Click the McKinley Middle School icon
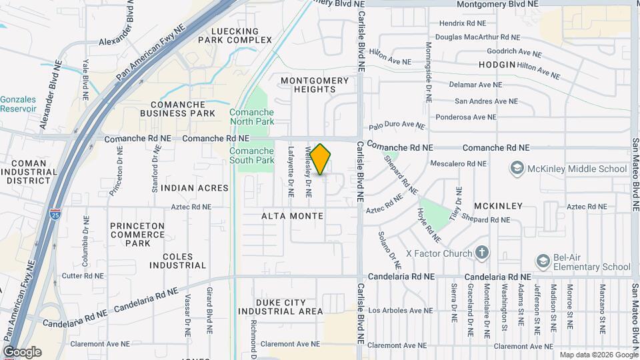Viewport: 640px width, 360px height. pos(516,169)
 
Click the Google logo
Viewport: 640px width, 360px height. pos(22,352)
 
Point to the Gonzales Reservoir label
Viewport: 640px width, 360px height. pos(18,103)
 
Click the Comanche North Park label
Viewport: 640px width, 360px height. pos(252,117)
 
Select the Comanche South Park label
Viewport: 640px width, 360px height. pos(252,155)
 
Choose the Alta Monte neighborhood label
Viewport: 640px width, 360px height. pos(293,216)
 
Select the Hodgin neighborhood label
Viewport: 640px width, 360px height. pos(497,65)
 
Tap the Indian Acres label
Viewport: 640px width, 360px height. pos(195,188)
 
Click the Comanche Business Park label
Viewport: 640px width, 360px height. pos(183,109)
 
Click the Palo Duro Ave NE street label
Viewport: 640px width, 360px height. pos(397,125)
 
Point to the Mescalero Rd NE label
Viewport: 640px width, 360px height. pos(459,161)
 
